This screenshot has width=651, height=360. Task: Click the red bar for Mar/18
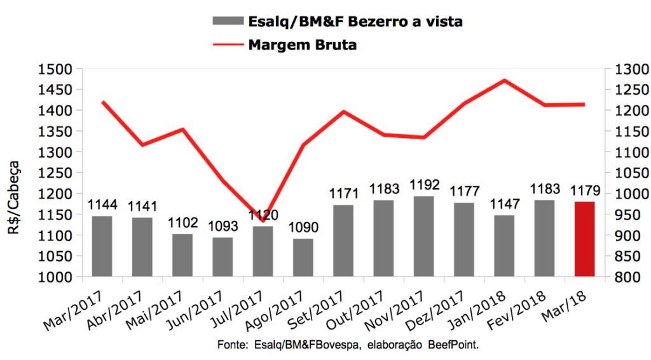pyautogui.click(x=584, y=239)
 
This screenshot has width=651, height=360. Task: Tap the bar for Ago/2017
pyautogui.click(x=303, y=257)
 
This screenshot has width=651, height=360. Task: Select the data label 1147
pyautogui.click(x=504, y=205)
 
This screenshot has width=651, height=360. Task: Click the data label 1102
pyautogui.click(x=182, y=224)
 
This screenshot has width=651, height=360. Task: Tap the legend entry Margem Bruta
pyautogui.click(x=302, y=45)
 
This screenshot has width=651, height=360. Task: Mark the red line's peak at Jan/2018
pyautogui.click(x=504, y=80)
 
